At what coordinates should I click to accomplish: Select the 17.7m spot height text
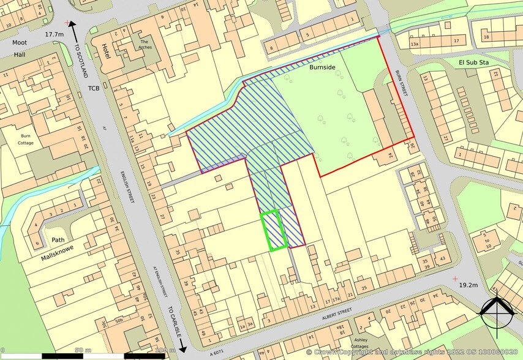click(x=55, y=35)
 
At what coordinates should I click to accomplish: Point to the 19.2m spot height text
click(x=468, y=285)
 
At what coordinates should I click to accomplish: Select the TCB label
click(x=94, y=88)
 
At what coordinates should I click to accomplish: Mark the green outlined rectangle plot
click(x=273, y=230)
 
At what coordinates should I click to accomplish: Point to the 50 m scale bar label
click(x=79, y=350)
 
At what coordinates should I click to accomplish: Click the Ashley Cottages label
click(x=360, y=342)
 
